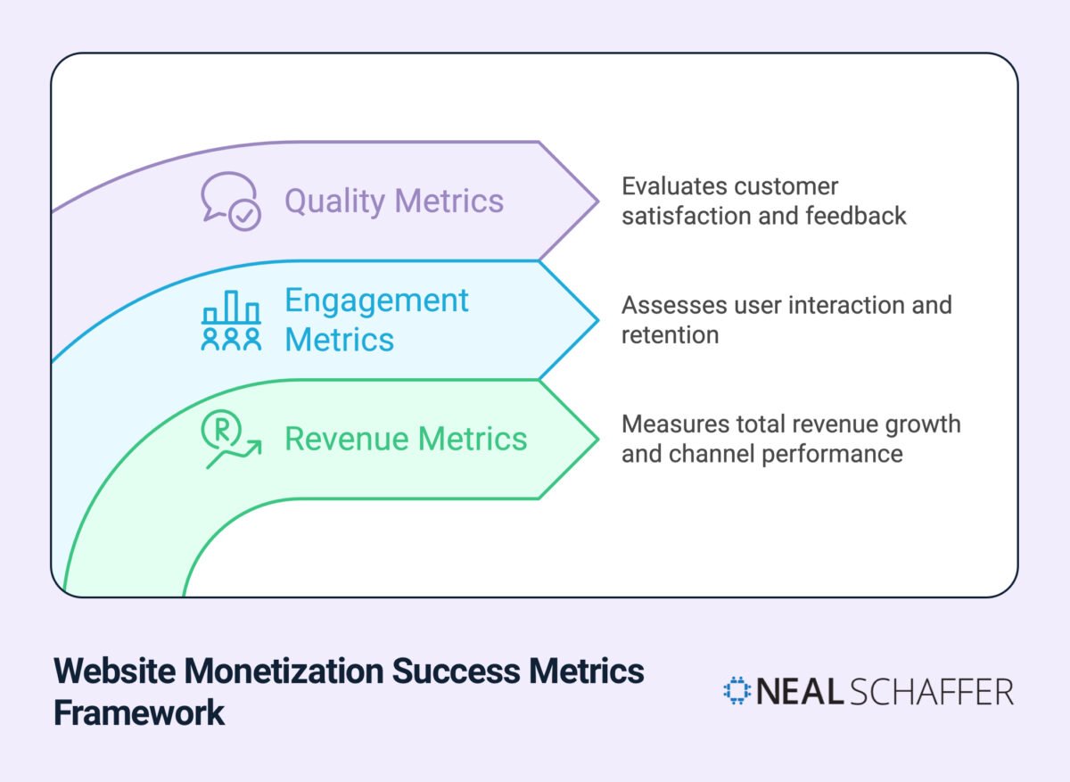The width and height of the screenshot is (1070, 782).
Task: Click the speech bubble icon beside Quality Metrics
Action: click(231, 202)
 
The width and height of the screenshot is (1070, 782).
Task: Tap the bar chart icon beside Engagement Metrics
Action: click(231, 320)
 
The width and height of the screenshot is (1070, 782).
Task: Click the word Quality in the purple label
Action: click(335, 202)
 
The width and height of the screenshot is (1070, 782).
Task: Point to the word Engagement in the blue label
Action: click(376, 301)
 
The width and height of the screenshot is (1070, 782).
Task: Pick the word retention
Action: click(671, 335)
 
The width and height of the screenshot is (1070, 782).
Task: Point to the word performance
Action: click(832, 454)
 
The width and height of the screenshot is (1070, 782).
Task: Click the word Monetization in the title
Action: click(284, 671)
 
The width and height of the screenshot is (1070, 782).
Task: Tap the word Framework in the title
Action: click(139, 712)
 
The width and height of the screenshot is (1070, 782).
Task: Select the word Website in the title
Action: click(115, 671)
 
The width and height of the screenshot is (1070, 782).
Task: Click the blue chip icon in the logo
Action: click(737, 690)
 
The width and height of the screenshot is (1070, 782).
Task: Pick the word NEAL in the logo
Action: click(800, 691)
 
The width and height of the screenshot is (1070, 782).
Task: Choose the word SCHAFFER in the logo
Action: click(932, 691)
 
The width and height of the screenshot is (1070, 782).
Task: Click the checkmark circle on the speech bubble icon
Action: click(244, 216)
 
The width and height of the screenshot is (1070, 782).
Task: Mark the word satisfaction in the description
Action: click(687, 216)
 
